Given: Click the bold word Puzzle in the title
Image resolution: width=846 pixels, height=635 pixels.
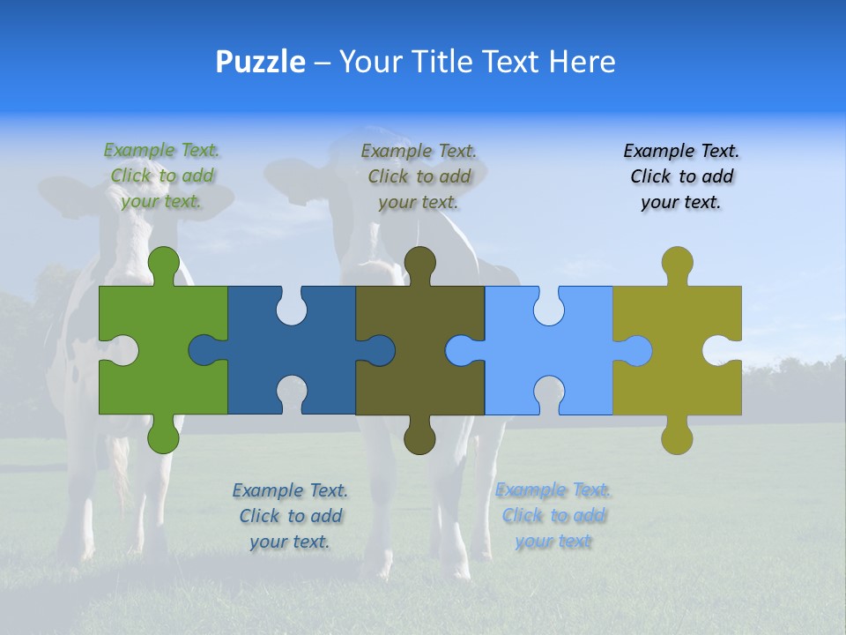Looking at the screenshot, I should coord(260,62).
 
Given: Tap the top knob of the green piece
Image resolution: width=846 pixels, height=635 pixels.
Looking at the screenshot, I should coord(163,262).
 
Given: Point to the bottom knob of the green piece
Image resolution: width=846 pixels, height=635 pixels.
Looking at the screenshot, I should coord(163,437).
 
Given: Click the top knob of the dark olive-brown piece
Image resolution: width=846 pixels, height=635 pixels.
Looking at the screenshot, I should coord(420,262).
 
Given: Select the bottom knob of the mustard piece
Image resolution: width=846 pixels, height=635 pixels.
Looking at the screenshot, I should coord(677,437).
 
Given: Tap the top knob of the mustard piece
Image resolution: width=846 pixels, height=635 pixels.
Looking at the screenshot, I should coord(677,262).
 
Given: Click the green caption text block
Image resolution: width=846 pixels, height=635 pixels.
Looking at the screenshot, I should coord(161,176).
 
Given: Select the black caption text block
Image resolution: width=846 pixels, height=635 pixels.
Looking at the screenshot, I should coord(681,176).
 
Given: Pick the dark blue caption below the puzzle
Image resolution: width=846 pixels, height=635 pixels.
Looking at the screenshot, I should coord(290,515).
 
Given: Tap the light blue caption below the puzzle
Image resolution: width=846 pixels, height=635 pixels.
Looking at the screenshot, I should coord(553,515).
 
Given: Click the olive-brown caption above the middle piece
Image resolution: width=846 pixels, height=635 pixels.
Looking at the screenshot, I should coord(419,176).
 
